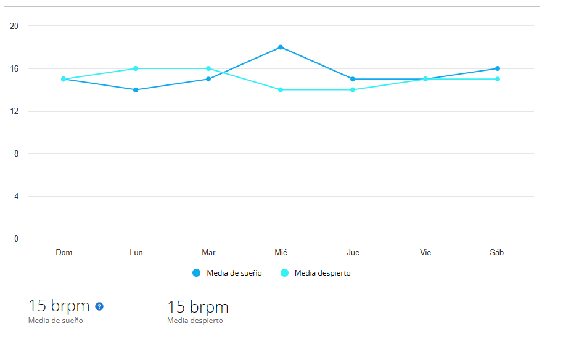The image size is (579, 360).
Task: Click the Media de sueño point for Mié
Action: pos(281,47)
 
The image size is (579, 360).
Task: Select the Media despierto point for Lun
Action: pos(136,68)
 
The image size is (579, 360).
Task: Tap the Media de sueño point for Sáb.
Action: pos(497,68)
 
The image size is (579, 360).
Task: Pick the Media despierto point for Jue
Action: pos(353,90)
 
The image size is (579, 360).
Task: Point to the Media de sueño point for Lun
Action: pos(136,90)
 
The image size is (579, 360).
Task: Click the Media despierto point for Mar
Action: pos(208,68)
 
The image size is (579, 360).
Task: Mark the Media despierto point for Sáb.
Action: pos(497,79)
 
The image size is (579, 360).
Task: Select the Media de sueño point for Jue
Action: pos(353,79)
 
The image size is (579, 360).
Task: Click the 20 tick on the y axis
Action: pos(14,26)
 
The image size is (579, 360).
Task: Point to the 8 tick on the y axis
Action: pos(16,154)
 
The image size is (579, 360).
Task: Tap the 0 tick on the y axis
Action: pos(16,239)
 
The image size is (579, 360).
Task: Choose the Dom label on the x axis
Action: pos(64,253)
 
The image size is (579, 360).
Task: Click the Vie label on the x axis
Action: pos(425,253)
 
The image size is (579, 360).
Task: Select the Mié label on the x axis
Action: pos(281,253)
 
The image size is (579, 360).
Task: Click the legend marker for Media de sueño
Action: pos(196,273)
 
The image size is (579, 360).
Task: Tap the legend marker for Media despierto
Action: pos(284,273)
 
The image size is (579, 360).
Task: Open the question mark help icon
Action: pos(99,306)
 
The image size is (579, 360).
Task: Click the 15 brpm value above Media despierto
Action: pos(198,307)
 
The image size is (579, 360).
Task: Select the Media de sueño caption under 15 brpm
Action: pos(55,321)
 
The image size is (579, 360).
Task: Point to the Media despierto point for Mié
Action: pos(281,90)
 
